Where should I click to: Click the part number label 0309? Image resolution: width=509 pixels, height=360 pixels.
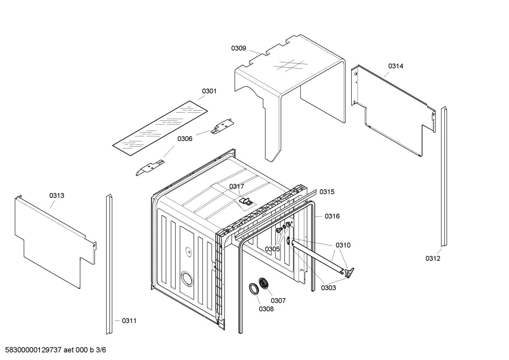point(239,48)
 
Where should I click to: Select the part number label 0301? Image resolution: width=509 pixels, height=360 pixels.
point(209,91)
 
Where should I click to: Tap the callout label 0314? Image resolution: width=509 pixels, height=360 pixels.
point(396,66)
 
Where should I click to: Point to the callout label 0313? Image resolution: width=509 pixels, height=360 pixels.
point(56,195)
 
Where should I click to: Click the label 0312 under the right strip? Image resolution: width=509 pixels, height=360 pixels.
point(433,258)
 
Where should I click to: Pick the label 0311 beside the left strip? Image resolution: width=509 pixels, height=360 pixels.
point(129,321)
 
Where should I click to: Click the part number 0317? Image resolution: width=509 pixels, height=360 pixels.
point(236,187)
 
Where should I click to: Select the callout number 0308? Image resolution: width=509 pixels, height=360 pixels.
point(266,309)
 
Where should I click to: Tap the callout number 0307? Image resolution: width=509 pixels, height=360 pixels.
point(278,301)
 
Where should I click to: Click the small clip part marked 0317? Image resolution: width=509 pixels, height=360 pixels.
point(246,201)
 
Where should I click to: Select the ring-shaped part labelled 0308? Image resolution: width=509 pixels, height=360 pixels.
point(253,288)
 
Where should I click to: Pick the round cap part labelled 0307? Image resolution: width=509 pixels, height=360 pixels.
point(263,283)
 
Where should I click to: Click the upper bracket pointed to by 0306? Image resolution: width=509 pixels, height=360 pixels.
point(222,126)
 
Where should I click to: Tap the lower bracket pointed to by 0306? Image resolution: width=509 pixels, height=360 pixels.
point(150,167)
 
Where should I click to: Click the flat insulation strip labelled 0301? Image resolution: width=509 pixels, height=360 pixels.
point(160,128)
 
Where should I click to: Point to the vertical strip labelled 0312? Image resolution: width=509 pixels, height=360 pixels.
point(444,177)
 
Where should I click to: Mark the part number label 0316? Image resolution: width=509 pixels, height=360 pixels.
point(332,216)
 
